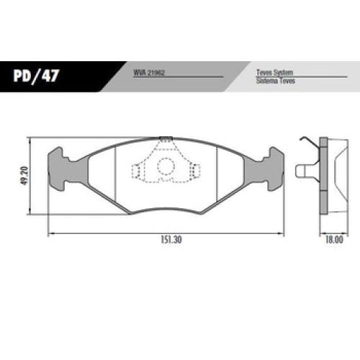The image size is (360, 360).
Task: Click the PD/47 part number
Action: (x=36, y=76)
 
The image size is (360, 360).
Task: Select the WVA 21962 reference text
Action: (x=149, y=73)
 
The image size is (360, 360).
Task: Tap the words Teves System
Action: (x=274, y=72)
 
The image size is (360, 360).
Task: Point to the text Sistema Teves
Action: (x=276, y=81)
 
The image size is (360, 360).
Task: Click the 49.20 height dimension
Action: (x=25, y=176)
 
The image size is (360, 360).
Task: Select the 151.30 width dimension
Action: (x=171, y=240)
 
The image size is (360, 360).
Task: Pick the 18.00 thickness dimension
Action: (x=334, y=240)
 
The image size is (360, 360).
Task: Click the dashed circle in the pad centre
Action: (x=166, y=166)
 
